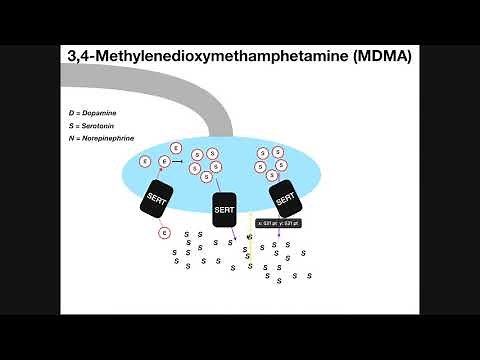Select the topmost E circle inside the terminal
pos(177,147)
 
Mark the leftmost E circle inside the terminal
pos(146,161)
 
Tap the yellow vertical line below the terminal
pos(250,255)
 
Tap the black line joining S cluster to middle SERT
pos(221,186)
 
